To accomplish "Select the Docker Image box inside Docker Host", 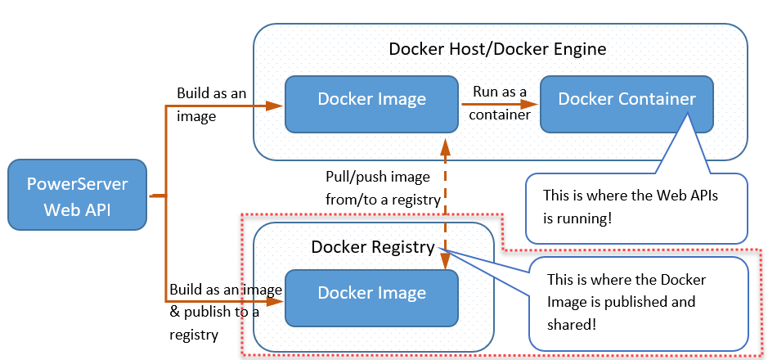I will point(371,103).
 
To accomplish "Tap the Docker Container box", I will point(627,103).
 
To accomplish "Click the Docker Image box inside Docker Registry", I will point(371,296).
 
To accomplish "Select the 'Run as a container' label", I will point(498,103).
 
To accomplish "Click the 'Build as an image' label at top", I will point(211,105).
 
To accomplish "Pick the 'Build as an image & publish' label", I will point(226,312).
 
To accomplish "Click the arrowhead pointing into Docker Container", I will point(532,104).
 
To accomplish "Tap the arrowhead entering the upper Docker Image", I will point(276,106).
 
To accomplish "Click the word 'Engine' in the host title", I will point(580,49).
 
